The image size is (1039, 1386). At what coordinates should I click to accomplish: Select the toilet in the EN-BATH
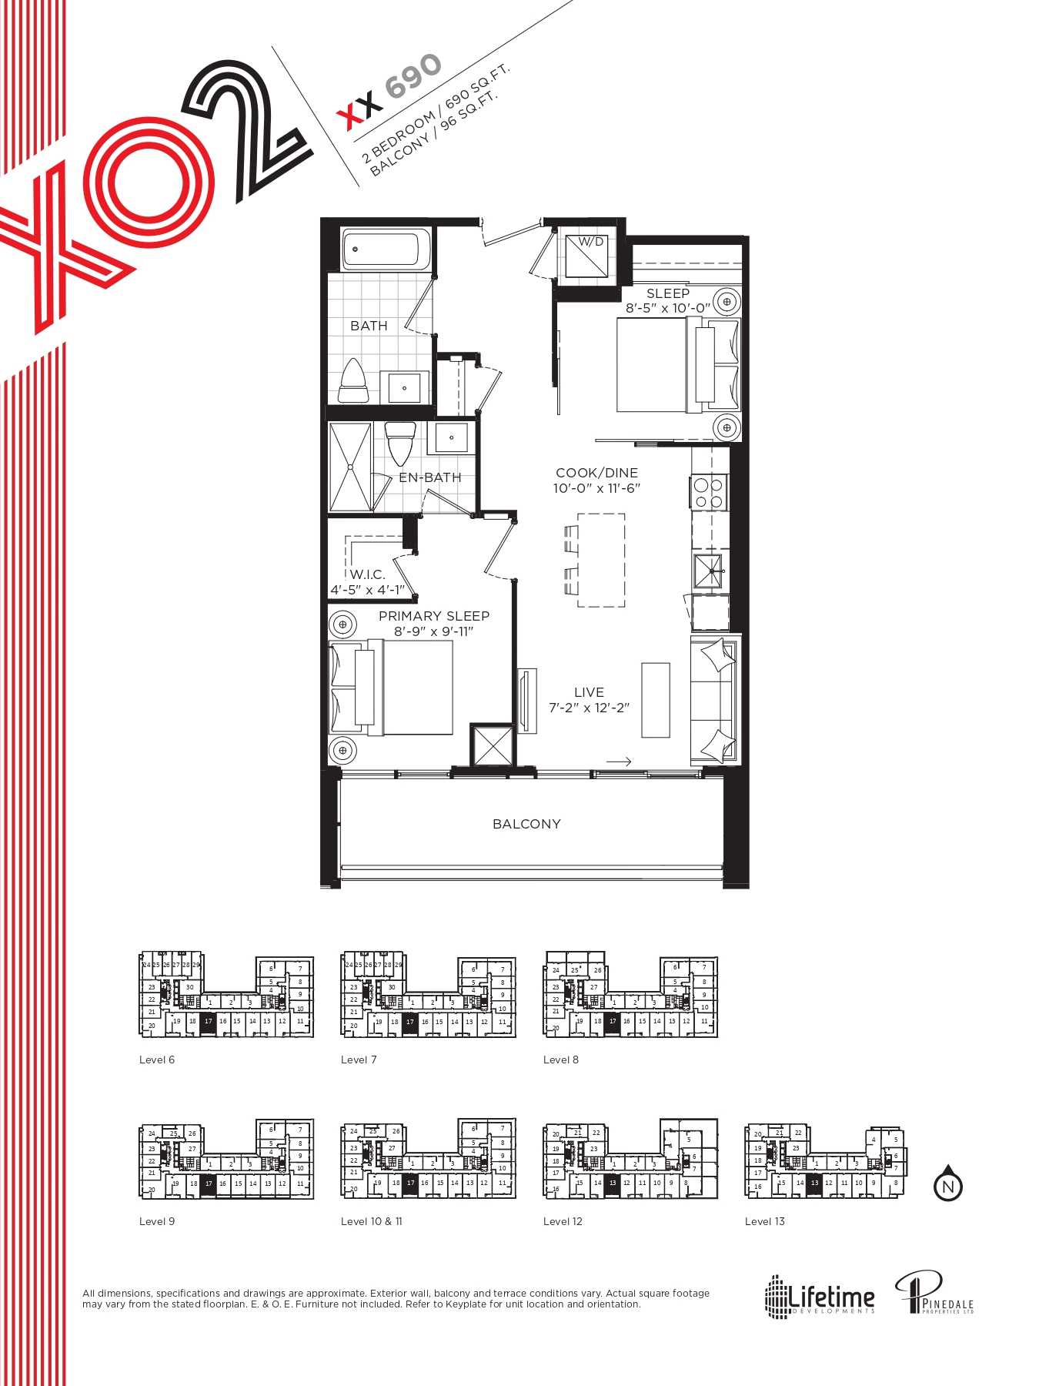click(x=399, y=444)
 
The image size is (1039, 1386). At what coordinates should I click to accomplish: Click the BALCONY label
click(x=526, y=824)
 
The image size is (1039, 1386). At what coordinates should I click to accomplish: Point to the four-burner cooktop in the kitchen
click(x=708, y=494)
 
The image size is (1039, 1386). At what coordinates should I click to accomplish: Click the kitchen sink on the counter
click(x=708, y=571)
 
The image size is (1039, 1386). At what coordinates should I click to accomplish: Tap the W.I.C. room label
click(x=367, y=574)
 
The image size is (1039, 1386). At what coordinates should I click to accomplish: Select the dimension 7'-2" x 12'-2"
click(x=589, y=708)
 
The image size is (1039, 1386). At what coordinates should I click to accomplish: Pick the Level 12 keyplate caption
click(x=563, y=1221)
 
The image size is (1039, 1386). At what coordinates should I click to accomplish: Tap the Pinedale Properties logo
click(x=934, y=1293)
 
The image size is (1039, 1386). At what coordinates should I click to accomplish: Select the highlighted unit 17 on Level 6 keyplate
click(x=208, y=1023)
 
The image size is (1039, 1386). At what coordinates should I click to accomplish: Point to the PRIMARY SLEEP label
click(x=434, y=616)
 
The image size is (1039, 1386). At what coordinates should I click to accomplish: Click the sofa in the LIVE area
click(x=714, y=699)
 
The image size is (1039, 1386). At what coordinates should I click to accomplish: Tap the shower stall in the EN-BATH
click(x=350, y=467)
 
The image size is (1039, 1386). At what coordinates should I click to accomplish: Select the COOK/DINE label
click(x=596, y=473)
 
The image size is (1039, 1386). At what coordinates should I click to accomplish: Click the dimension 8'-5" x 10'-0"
click(x=667, y=308)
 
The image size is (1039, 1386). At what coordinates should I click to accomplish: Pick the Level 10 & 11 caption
click(x=371, y=1221)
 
